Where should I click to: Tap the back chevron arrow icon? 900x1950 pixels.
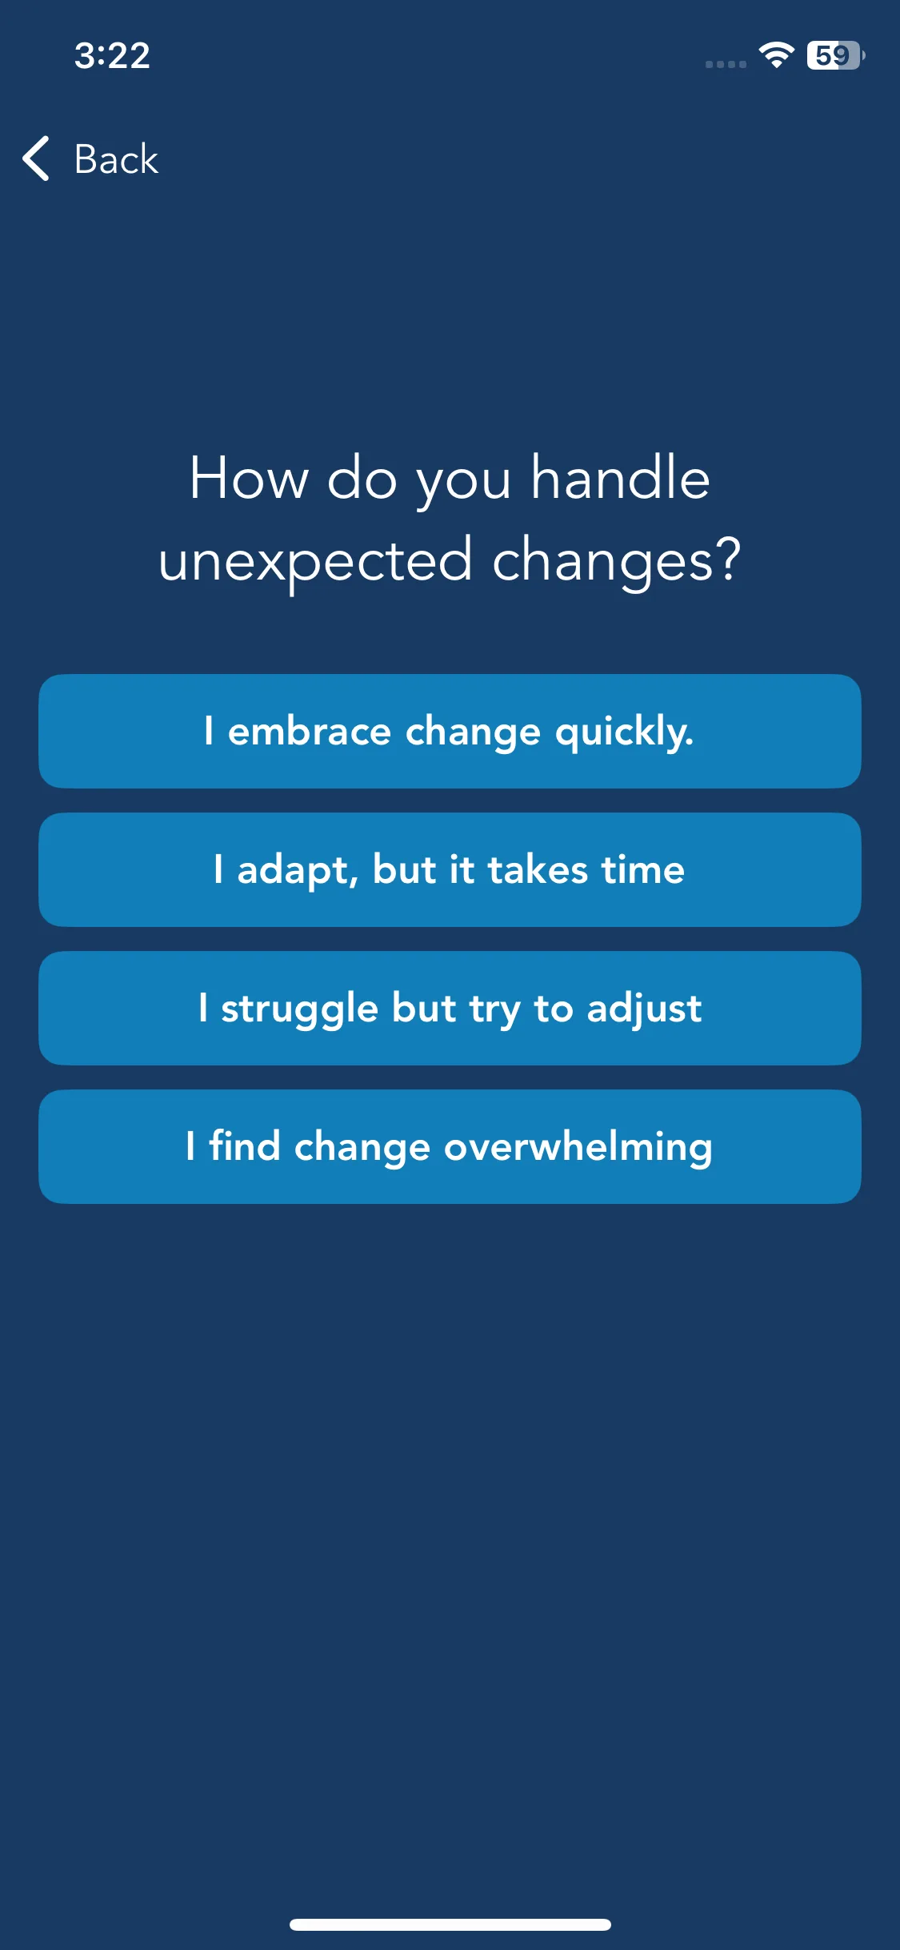[x=36, y=158]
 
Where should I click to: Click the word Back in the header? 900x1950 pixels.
[x=116, y=159]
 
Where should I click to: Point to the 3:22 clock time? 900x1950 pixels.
[x=112, y=56]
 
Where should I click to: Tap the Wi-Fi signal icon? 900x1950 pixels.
[x=776, y=54]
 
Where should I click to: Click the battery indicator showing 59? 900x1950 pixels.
[x=835, y=55]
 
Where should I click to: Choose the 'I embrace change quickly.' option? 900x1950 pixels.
[x=450, y=731]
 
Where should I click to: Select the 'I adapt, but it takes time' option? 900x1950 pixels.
[x=450, y=869]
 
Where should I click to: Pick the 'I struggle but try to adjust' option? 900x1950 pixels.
[x=450, y=1008]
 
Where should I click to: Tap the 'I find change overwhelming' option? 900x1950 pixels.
[x=450, y=1146]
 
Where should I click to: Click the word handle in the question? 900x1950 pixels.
[x=621, y=478]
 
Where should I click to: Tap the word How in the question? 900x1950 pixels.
[x=249, y=479]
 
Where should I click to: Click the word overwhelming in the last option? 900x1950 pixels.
[x=578, y=1147]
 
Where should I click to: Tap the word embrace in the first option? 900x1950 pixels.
[x=310, y=731]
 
